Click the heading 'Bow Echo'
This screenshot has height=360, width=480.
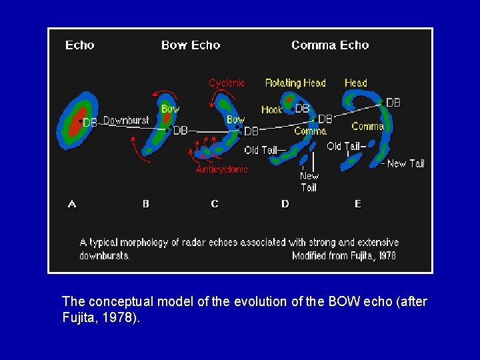(190, 45)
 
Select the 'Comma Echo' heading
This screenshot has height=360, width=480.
(330, 45)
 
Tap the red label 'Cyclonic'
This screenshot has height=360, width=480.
(227, 83)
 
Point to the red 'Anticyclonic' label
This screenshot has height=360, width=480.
(222, 169)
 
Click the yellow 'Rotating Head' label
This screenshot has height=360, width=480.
(295, 83)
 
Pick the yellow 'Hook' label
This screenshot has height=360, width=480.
(271, 110)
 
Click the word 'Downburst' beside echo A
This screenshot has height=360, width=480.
(126, 121)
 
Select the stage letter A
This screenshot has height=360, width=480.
(72, 204)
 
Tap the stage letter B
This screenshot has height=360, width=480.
(146, 204)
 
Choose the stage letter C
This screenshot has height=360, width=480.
(215, 204)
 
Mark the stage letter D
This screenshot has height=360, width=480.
(285, 204)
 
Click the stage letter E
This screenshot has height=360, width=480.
(358, 204)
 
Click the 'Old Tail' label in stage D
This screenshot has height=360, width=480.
(261, 150)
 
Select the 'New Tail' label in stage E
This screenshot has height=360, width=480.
(405, 163)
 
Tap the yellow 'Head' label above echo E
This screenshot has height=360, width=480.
(355, 83)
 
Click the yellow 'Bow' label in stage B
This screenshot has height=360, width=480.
(170, 109)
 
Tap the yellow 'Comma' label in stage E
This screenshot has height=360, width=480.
(367, 127)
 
